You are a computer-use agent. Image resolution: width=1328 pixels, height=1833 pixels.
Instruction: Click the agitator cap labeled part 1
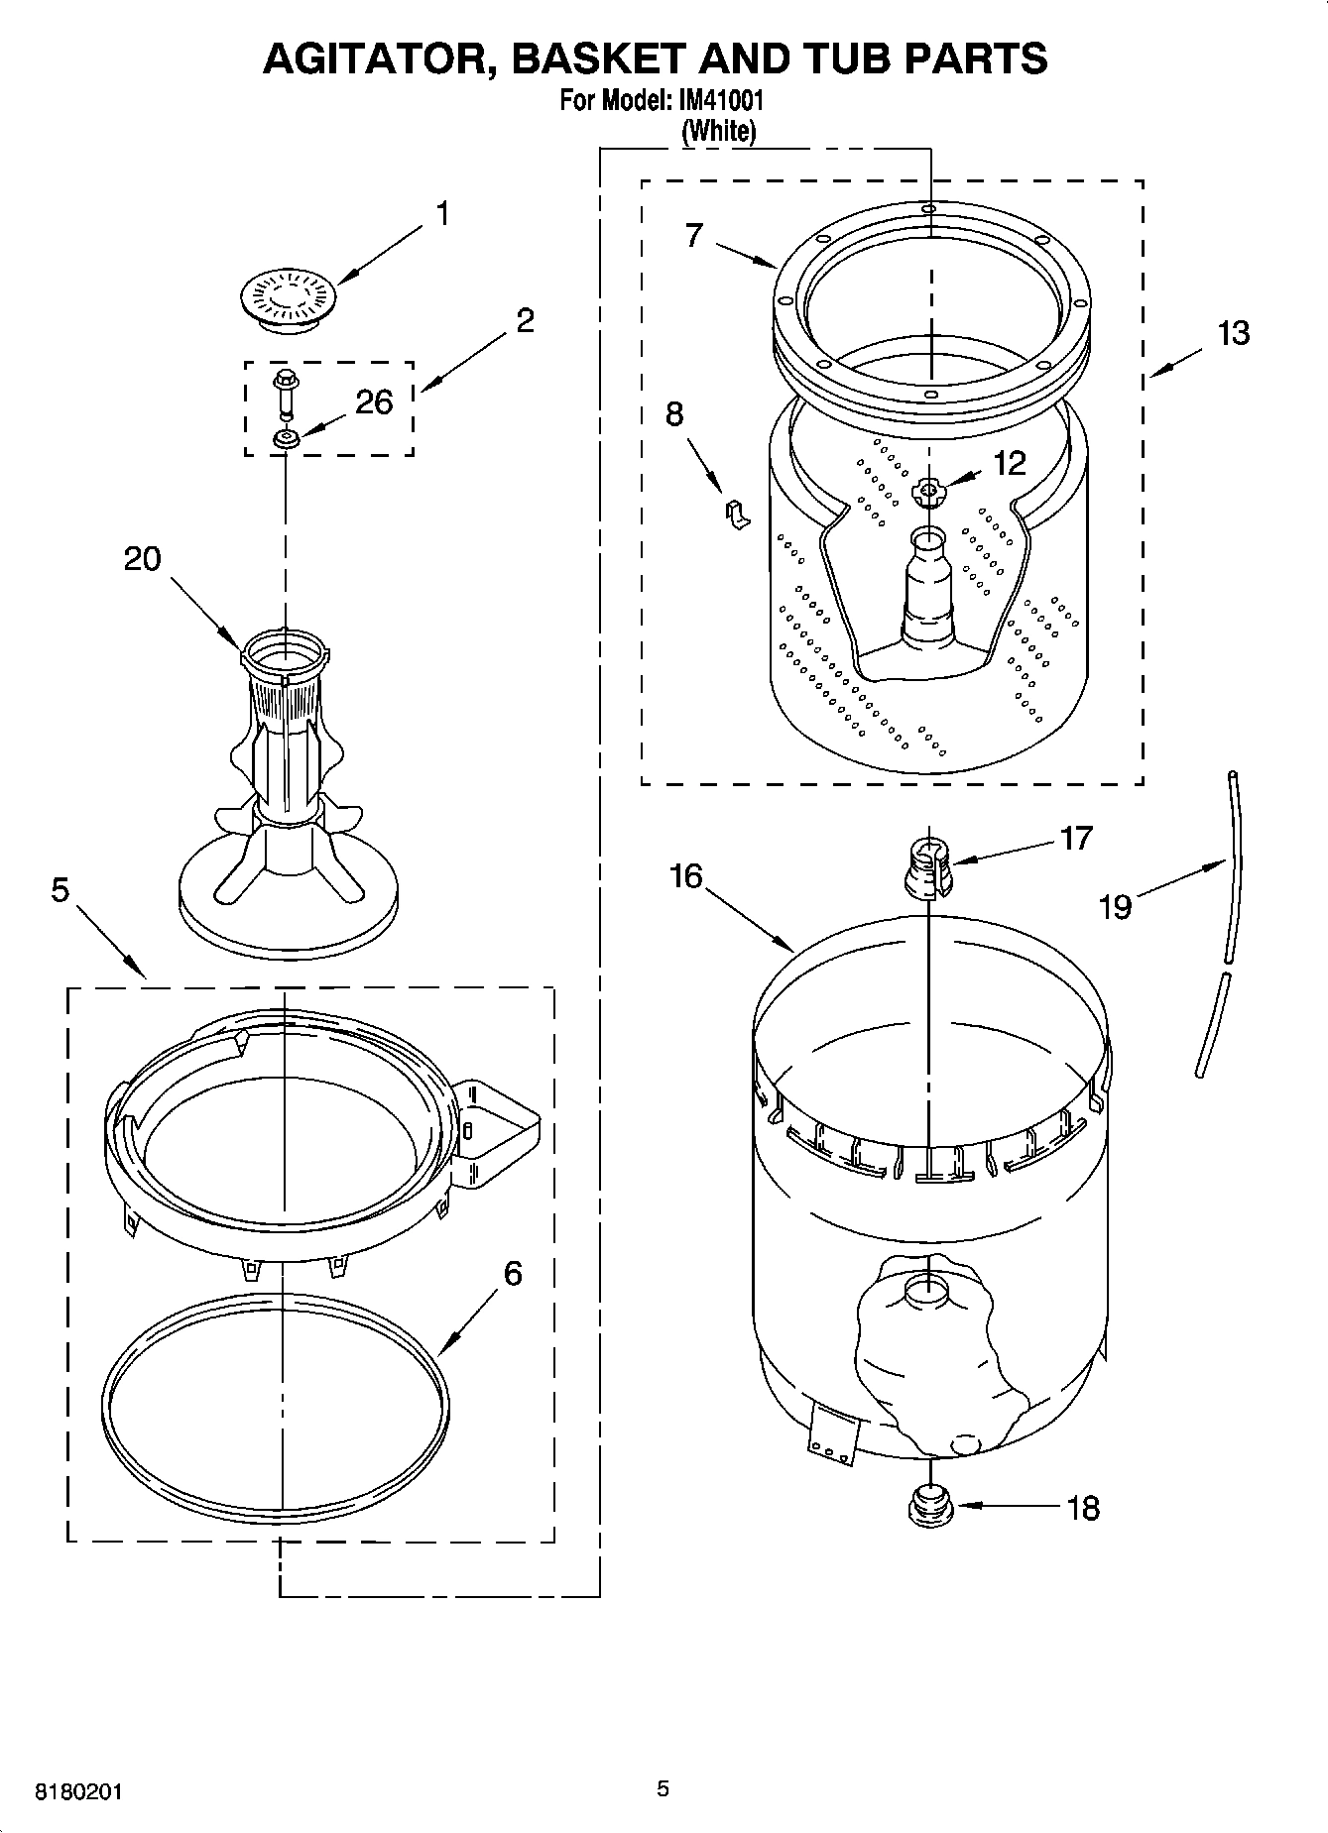tap(288, 295)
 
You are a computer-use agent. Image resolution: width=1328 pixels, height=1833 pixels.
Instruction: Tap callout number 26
tap(374, 401)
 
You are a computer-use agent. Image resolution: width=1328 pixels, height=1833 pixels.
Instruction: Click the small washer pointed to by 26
tap(287, 438)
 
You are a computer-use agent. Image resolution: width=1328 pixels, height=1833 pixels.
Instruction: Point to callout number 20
tap(142, 559)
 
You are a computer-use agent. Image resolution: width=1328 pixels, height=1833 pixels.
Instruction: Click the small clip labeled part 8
tap(737, 515)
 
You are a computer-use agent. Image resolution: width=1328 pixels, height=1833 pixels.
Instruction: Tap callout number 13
tap(1233, 334)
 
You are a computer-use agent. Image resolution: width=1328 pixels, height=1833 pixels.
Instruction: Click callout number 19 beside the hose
tap(1116, 906)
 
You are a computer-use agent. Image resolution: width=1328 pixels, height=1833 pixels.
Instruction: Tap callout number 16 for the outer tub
tap(685, 876)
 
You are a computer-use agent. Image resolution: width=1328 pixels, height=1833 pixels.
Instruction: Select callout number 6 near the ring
tap(512, 1273)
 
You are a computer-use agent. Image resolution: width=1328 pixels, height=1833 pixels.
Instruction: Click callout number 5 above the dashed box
tap(60, 890)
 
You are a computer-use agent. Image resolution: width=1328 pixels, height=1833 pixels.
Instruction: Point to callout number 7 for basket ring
tap(693, 235)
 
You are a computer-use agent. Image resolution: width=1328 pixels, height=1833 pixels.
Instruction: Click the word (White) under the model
tap(718, 131)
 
